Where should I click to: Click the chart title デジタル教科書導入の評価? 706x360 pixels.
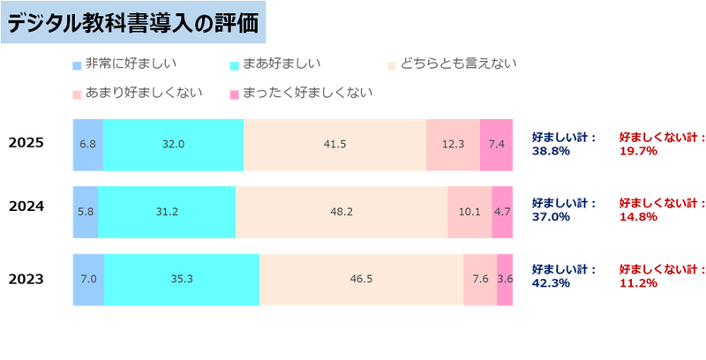point(133,25)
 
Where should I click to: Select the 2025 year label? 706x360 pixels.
point(26,143)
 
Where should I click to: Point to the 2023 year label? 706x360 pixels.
point(26,280)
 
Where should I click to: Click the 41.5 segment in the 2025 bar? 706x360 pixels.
point(334,144)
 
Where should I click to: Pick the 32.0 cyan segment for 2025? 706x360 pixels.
point(173,144)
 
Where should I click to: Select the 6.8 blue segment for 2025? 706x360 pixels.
point(87,144)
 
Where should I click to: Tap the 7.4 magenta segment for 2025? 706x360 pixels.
point(496,144)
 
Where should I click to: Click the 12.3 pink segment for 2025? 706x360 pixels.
point(453,144)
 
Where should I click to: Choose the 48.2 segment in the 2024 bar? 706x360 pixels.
point(342,212)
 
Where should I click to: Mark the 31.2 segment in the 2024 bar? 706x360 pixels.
point(167,212)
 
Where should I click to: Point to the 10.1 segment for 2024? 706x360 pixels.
point(469,212)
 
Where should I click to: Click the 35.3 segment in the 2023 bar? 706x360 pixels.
point(182,280)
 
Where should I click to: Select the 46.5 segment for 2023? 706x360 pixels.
point(361,280)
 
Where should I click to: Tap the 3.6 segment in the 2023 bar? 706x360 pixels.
point(505,280)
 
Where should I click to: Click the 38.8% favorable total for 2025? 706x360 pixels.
point(551,151)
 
